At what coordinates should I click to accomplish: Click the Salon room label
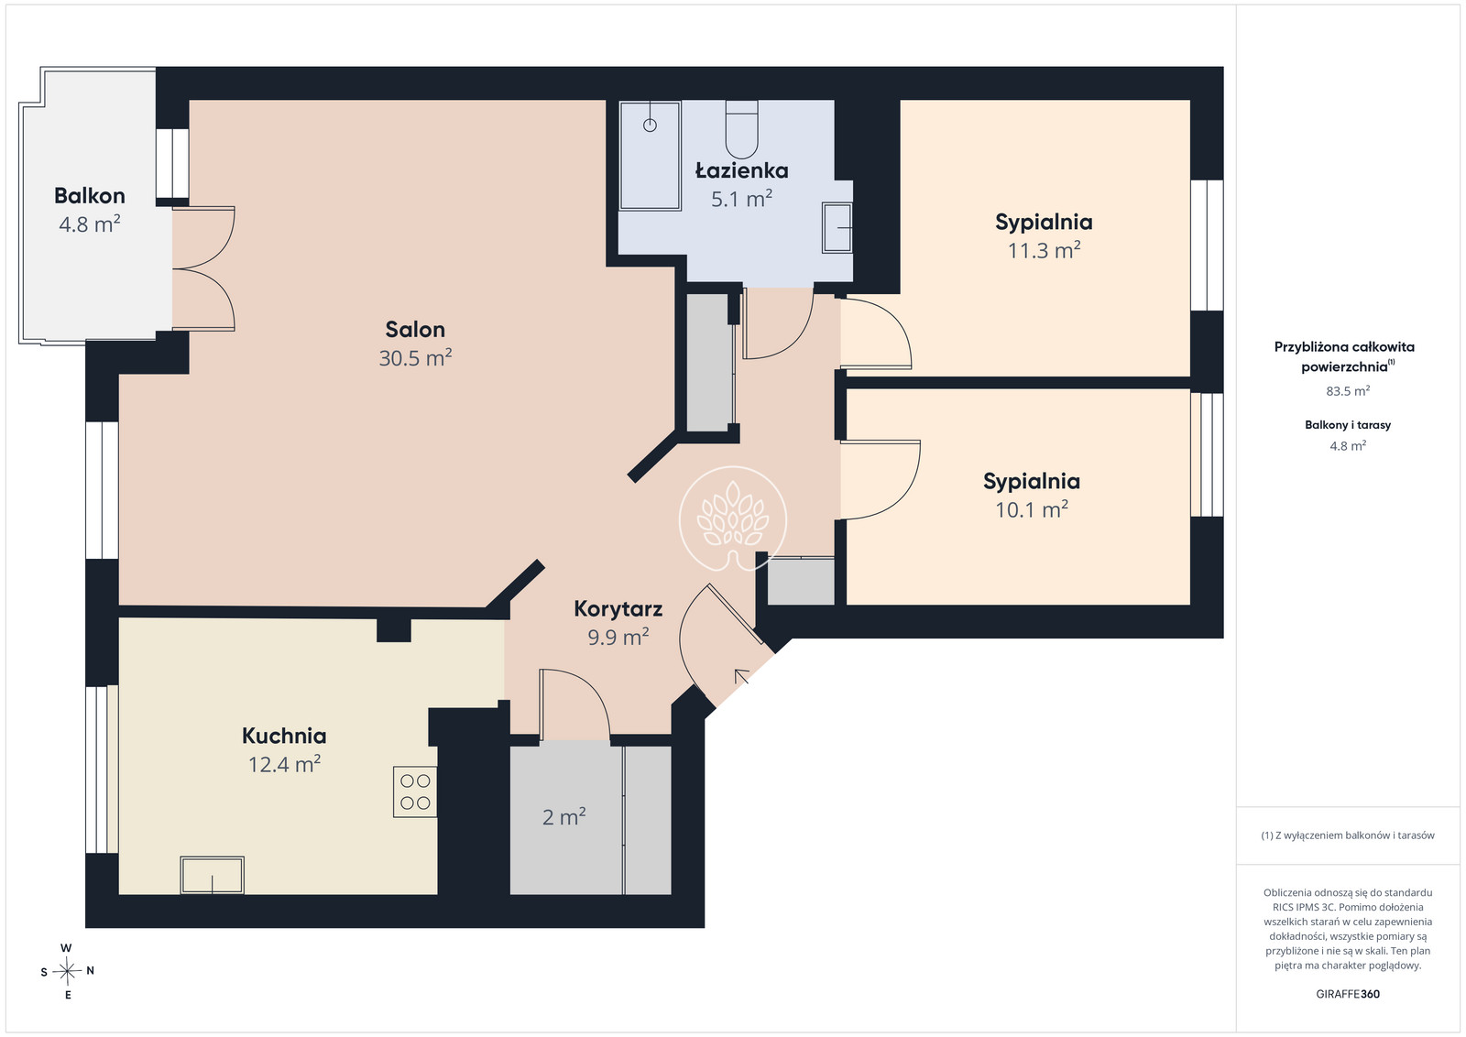(415, 329)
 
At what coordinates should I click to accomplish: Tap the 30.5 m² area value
(415, 358)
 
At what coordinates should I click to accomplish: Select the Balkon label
(90, 196)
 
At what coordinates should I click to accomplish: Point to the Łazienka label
(741, 170)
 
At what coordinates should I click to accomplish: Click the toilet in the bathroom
(741, 129)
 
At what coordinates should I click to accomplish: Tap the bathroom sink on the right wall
(837, 227)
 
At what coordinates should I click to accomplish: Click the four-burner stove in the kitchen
(415, 791)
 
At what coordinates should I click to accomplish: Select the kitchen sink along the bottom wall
(212, 875)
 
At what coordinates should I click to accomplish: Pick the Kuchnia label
(284, 736)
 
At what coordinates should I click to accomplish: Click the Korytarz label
(618, 608)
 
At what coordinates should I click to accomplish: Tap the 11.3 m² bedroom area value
(1044, 251)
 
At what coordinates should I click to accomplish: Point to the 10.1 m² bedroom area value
(1032, 509)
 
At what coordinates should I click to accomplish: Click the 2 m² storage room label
(563, 816)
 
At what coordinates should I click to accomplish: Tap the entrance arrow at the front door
(742, 676)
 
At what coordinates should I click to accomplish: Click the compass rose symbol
(67, 972)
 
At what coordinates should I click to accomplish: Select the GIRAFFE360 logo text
(1348, 994)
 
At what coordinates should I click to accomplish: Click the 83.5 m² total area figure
(1348, 391)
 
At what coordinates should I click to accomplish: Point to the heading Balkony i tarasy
(1348, 425)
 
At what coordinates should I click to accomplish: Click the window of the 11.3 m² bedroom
(1207, 246)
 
